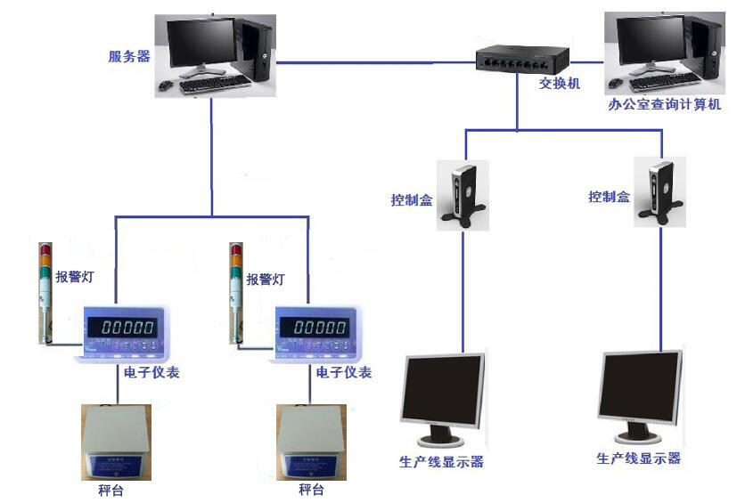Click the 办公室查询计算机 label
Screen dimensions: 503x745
[664, 104]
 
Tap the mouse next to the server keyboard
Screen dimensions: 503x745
[166, 85]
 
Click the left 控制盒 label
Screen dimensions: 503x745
[412, 199]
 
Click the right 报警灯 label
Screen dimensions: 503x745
[266, 278]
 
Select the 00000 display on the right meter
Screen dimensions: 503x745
[320, 327]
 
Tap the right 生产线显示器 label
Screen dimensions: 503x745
[638, 458]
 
